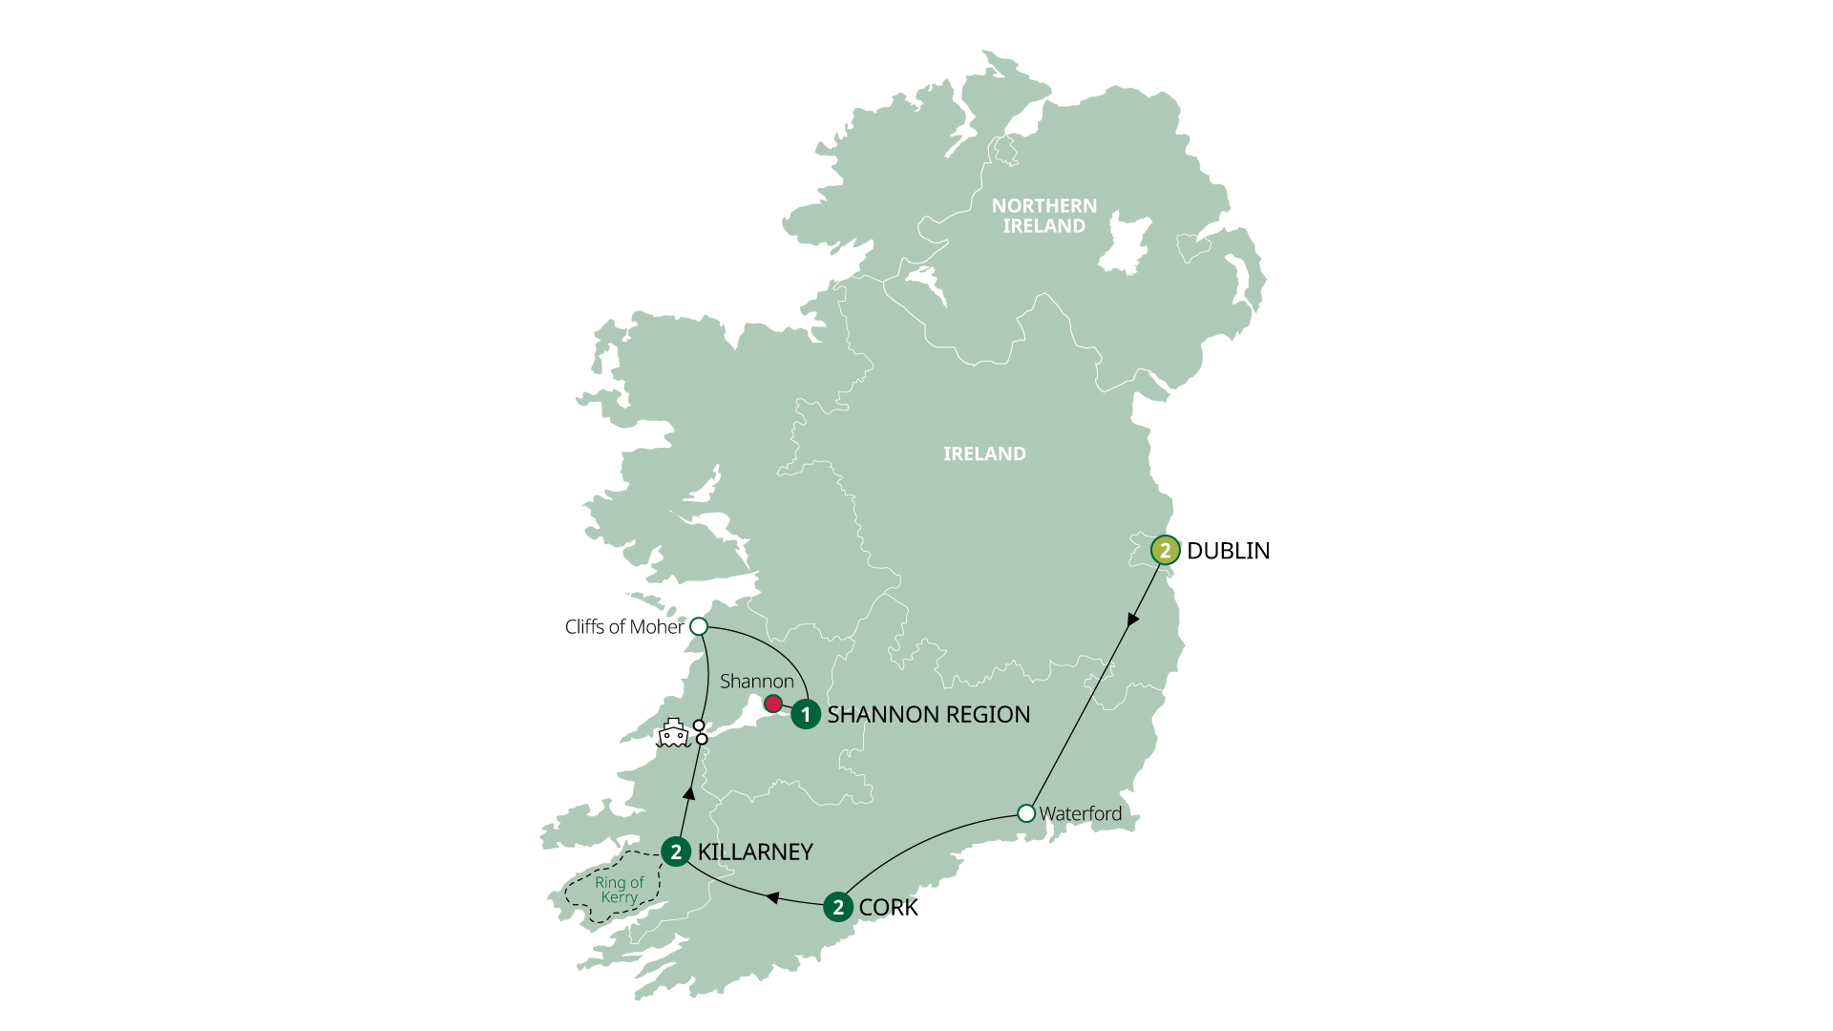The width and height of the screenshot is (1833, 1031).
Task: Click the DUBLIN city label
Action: point(1228,551)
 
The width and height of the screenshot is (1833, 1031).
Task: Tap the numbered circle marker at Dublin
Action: point(1165,551)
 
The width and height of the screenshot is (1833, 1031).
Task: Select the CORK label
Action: point(888,907)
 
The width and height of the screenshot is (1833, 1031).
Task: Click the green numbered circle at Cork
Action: point(838,907)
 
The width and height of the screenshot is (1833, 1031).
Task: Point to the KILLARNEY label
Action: point(754,852)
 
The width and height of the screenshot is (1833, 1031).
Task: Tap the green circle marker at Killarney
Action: point(676,852)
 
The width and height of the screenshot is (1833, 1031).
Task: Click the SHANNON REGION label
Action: point(928,714)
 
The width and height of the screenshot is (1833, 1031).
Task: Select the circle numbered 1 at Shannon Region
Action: point(806,714)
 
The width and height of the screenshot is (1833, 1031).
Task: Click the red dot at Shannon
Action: point(773,705)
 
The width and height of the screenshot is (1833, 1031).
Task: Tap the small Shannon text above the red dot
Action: point(756,681)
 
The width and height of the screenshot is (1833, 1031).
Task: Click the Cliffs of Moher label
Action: point(623,627)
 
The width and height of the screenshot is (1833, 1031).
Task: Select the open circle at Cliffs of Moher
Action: point(699,626)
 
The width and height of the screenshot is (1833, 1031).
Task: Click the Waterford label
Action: point(1080,813)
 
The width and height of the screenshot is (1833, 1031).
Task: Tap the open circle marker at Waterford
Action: point(1026,813)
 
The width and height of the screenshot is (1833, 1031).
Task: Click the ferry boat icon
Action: point(673,733)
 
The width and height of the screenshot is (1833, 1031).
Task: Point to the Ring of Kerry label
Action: point(619,890)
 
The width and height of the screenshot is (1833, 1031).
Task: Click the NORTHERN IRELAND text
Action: point(1043,216)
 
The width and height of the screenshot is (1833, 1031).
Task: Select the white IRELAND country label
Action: point(984,453)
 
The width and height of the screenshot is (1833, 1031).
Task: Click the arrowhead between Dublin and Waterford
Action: point(1132,620)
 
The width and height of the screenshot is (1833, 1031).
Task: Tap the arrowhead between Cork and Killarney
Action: point(772,898)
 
